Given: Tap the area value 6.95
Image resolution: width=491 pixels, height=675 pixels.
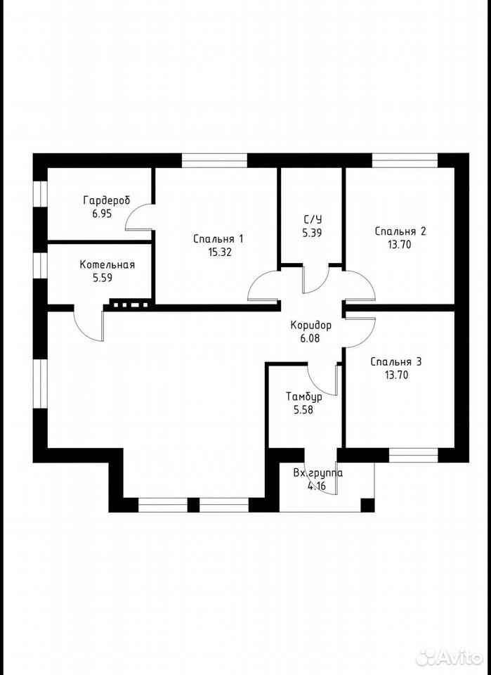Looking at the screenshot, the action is point(102,214).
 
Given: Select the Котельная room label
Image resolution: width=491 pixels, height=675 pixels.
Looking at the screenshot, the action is point(107,265).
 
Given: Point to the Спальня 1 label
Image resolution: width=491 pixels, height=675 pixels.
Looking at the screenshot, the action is point(218,239).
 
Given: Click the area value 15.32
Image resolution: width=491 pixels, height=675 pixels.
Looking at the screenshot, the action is point(220,252).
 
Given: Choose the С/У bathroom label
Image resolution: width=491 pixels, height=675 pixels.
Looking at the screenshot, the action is point(313,219).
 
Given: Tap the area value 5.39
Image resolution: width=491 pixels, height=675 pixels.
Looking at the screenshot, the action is point(313,233).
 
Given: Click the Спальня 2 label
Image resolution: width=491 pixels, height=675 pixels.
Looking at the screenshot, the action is point(400,231).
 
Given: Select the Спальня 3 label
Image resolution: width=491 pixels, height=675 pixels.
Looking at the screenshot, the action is point(396,362).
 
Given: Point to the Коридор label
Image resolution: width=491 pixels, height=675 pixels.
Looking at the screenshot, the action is point(311,326).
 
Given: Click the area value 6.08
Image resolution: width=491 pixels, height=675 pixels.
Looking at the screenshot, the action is point(310,338).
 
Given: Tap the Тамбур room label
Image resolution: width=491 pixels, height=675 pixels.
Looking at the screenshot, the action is point(303,397).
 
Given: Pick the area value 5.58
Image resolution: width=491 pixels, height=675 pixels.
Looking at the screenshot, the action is point(303,410).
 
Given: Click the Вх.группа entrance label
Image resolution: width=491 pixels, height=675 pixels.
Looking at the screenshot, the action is point(318,473).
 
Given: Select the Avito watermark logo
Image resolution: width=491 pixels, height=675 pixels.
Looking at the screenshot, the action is point(450,657).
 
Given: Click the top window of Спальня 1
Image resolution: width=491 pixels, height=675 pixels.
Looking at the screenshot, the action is point(214,160).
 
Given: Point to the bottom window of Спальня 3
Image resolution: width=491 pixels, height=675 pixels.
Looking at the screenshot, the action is point(413,455).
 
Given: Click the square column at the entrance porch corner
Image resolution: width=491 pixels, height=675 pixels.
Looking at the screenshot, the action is point(367,505).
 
